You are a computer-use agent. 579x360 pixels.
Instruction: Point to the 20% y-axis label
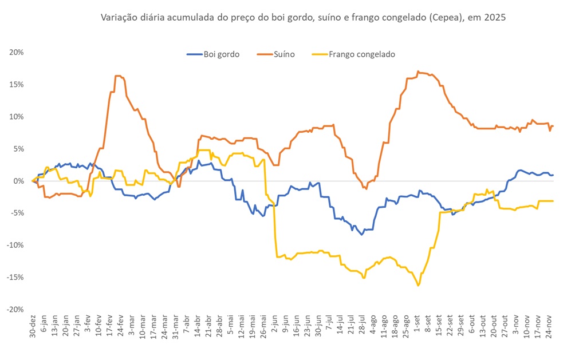[17, 52]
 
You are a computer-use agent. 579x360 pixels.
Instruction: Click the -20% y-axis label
[15, 309]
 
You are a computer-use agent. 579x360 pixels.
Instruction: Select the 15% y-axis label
[17, 84]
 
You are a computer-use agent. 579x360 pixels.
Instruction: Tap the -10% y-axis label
[15, 245]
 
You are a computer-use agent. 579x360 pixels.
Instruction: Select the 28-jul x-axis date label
[362, 326]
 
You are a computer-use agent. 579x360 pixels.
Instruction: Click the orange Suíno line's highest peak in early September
[418, 72]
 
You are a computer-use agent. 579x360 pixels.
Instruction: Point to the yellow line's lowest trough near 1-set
[418, 285]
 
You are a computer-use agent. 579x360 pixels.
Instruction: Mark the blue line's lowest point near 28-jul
[361, 234]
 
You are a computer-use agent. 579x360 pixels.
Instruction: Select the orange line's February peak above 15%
[117, 76]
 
